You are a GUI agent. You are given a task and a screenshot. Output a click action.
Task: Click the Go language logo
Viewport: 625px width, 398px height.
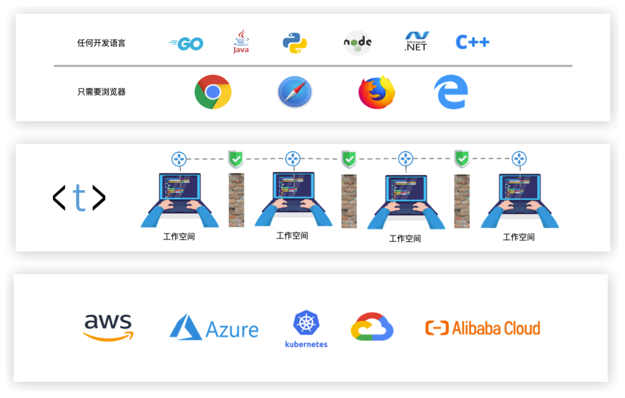(186, 44)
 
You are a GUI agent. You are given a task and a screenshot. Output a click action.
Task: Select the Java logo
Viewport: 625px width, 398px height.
(241, 41)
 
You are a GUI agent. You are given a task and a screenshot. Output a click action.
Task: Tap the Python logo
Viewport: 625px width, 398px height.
(295, 43)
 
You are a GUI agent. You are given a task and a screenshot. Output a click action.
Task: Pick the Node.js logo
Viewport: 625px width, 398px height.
(357, 43)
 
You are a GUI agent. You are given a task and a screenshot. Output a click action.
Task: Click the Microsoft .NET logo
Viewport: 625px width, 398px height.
(416, 41)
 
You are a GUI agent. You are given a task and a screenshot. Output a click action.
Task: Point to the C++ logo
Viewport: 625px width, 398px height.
(472, 42)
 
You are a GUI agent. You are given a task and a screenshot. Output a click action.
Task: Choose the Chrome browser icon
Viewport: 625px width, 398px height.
(213, 92)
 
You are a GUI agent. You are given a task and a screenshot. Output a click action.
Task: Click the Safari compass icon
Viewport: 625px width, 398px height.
(295, 92)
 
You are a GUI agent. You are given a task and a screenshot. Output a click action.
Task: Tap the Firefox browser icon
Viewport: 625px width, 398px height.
(377, 92)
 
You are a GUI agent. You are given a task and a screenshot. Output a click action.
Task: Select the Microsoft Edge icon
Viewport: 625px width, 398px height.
(451, 92)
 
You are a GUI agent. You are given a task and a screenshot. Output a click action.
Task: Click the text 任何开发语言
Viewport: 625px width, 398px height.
(101, 43)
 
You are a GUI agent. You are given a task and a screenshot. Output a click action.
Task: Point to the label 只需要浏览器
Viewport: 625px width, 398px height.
(101, 92)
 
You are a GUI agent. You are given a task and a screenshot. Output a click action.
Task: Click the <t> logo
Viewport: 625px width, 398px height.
(79, 198)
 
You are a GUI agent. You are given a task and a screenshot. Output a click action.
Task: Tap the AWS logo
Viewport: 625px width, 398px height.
(108, 327)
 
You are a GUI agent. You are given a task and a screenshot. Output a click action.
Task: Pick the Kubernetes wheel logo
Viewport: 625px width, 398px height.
(306, 324)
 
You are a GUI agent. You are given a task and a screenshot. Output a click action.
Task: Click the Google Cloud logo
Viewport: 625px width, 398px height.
(372, 327)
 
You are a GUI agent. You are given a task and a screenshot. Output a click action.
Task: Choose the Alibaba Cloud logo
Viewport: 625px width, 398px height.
(483, 328)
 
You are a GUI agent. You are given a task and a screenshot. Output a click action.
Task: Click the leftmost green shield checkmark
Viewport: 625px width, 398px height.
(235, 159)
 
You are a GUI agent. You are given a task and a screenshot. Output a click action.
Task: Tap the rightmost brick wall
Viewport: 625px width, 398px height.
(462, 201)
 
